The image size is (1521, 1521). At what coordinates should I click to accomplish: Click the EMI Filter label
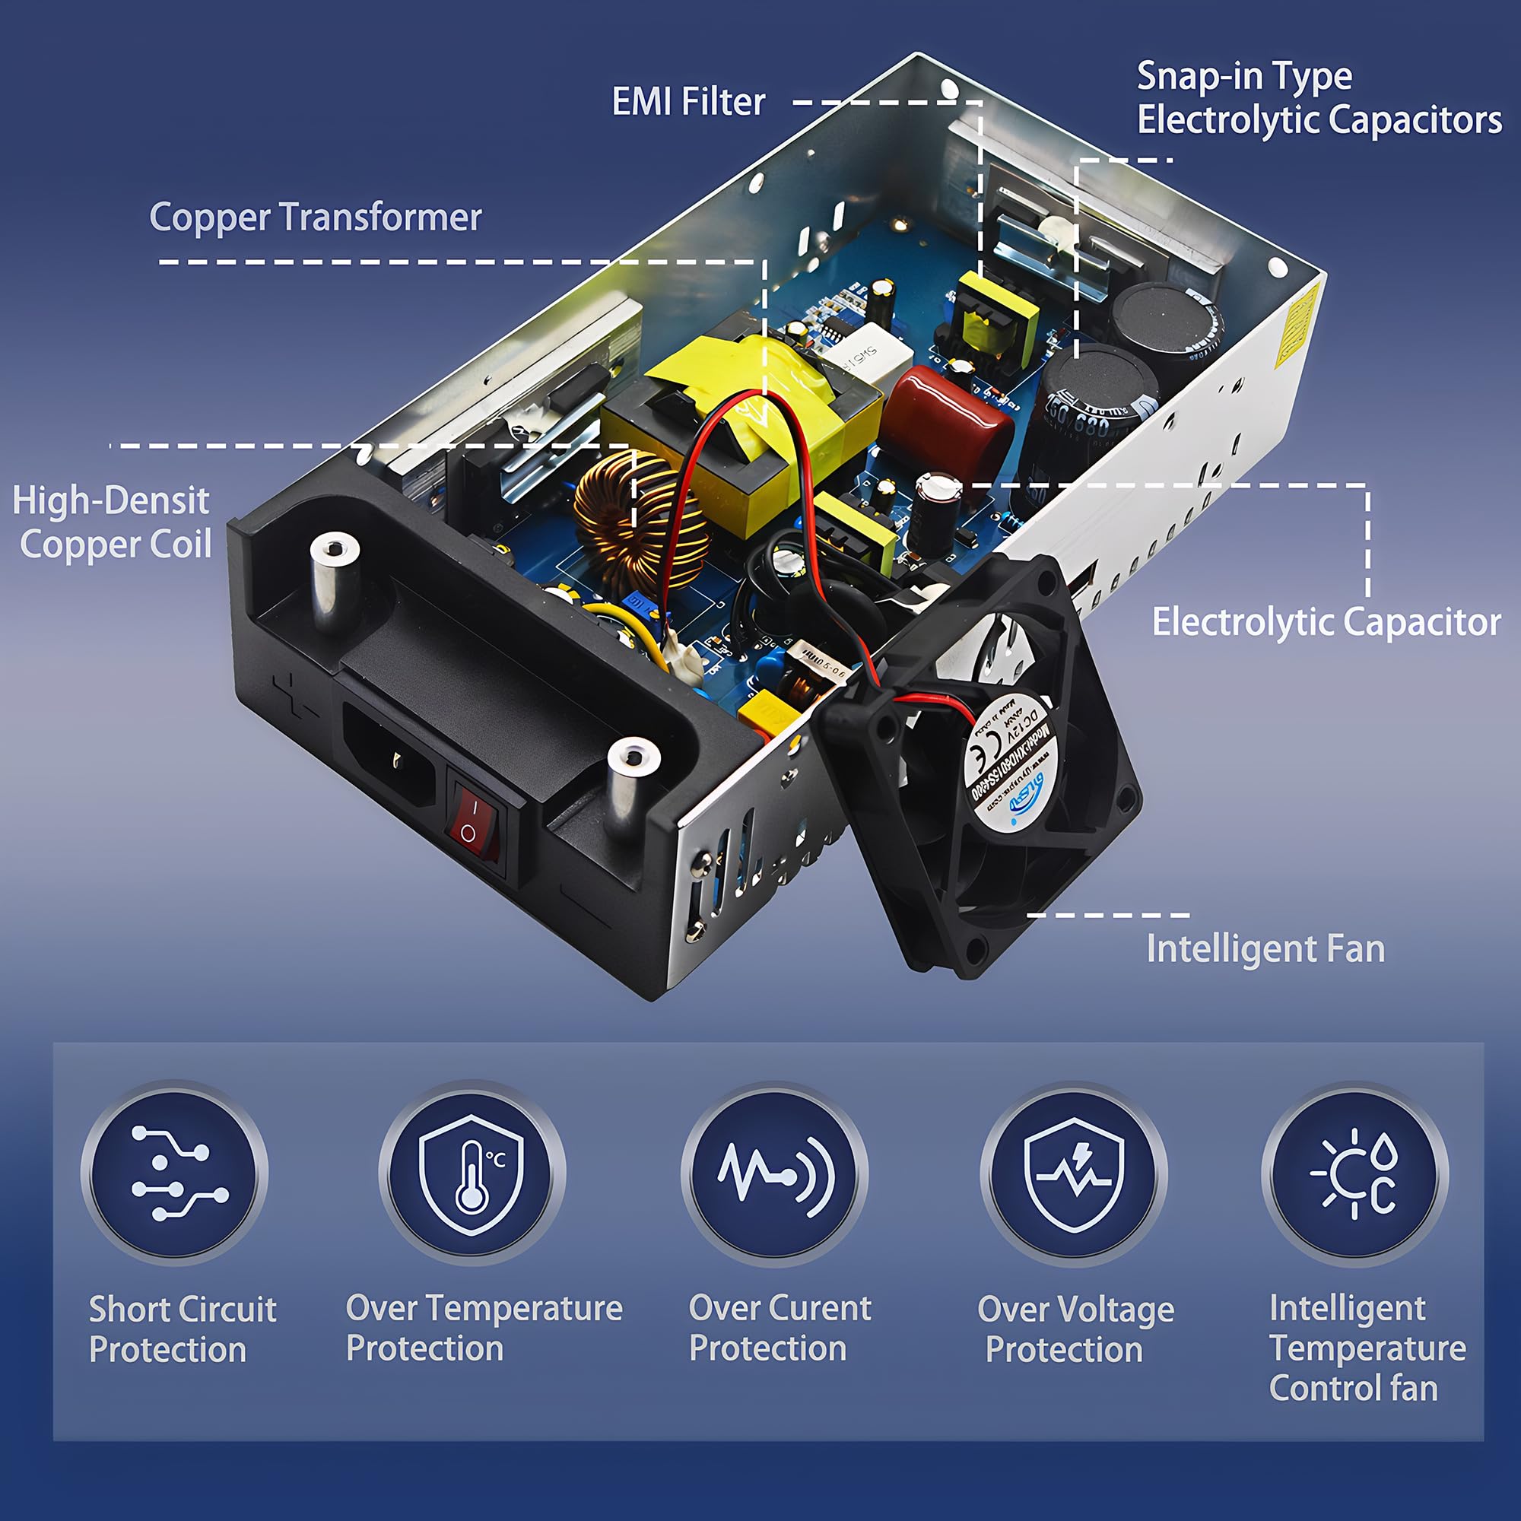pos(688,103)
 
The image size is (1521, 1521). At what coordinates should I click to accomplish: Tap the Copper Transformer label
pos(315,218)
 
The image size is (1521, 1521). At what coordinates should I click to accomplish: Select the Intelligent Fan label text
pos(1265,948)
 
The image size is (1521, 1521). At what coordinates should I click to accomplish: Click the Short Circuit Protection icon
pos(175,1173)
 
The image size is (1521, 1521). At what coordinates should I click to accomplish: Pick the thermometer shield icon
pos(472,1173)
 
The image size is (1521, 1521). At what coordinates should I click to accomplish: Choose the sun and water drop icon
pos(1354,1173)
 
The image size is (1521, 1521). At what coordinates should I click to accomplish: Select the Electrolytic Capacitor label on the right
pos(1326,622)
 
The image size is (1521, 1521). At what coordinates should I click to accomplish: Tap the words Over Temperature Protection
pos(484,1328)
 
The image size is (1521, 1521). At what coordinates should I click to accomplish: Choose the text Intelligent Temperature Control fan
pos(1367,1348)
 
